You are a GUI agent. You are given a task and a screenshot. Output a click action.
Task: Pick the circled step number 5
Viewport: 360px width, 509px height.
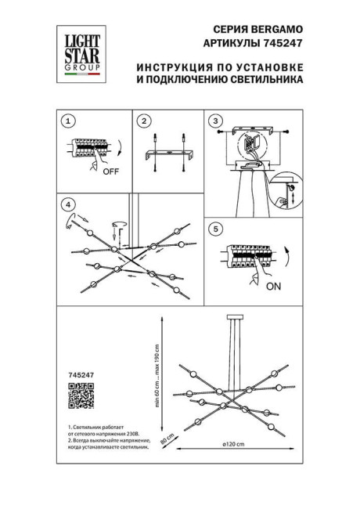215,229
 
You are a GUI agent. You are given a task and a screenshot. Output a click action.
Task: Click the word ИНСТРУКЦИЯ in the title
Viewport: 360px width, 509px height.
172,67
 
